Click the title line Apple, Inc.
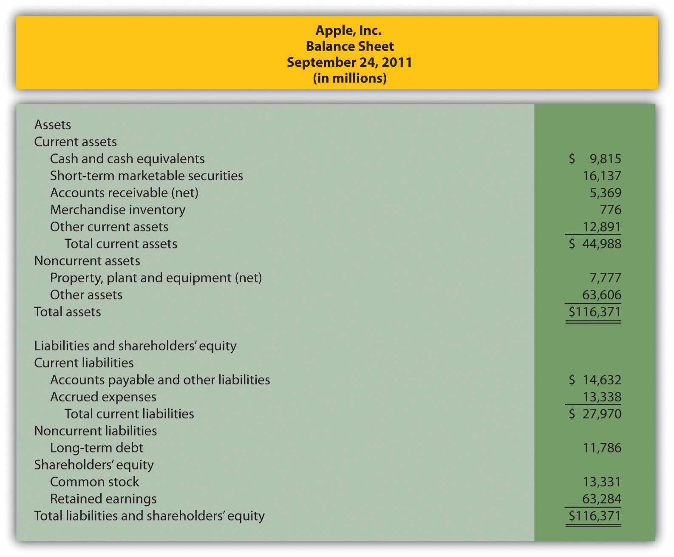coord(348,30)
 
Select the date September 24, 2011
coord(349,62)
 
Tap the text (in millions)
coord(349,78)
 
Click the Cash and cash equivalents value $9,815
coord(595,159)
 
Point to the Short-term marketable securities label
coord(147,176)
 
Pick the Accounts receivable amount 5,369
coord(605,193)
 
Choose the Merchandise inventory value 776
coord(611,210)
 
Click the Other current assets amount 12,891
coord(602,227)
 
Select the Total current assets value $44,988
coord(595,244)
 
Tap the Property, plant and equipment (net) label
coord(156,278)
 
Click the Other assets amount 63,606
coord(602,295)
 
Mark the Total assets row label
coord(68,312)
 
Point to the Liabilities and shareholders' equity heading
coord(135,346)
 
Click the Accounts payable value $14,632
coord(595,380)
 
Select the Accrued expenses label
coord(103,397)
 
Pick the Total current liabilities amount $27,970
coord(595,414)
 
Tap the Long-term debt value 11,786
coord(602,448)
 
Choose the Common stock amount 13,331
coord(602,482)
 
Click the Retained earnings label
coord(103,499)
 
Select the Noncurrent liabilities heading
coord(96,431)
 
